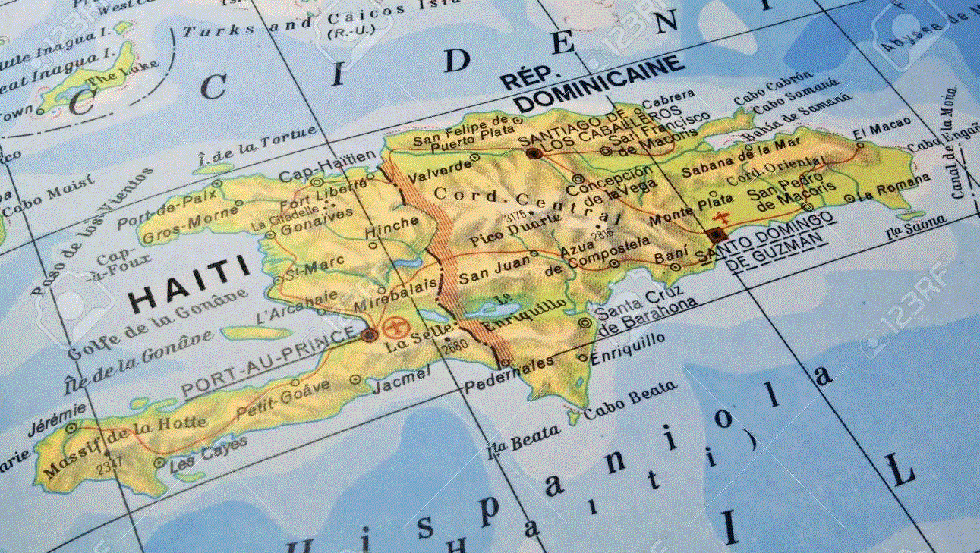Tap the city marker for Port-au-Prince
pos(370,335)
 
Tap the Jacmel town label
pos(402,380)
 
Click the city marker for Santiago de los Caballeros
pos(534,153)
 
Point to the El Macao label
pos(871,132)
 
